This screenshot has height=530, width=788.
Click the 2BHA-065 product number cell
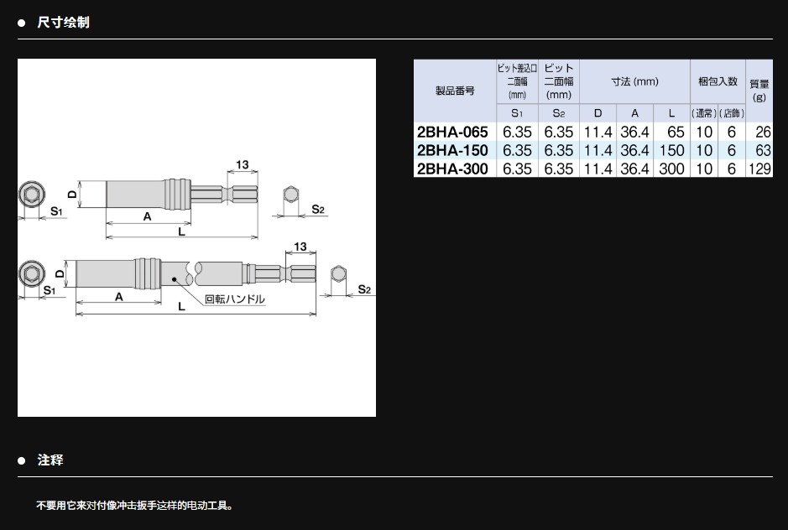tap(452, 132)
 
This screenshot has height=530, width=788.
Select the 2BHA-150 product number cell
tap(452, 150)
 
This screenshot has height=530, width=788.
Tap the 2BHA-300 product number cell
tap(452, 169)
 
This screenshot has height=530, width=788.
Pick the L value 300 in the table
tap(671, 169)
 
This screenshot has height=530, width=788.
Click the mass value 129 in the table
tap(759, 169)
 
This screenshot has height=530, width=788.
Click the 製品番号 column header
tap(455, 91)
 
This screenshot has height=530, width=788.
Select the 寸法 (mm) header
tap(634, 81)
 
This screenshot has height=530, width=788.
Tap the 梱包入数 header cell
tap(718, 81)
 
